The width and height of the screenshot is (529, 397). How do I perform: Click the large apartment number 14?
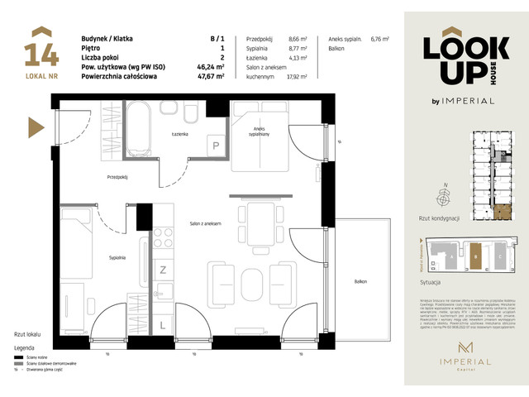[x=42, y=52]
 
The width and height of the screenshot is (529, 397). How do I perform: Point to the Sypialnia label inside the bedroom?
[x=117, y=258]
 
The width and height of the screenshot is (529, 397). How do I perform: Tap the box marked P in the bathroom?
[x=217, y=145]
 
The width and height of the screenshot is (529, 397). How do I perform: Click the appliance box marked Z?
[x=163, y=270]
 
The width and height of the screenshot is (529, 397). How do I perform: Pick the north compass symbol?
[x=446, y=198]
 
